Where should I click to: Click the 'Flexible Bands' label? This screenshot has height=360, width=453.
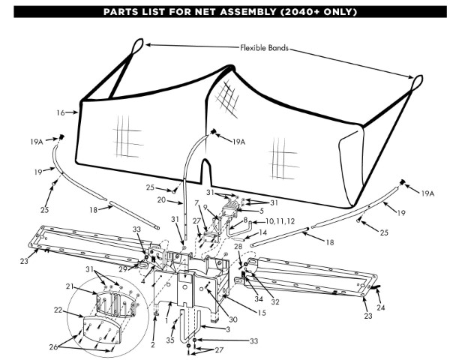pos(264,48)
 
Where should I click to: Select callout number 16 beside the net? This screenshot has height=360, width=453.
pos(61,112)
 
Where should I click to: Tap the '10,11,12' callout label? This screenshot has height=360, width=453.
pos(280,221)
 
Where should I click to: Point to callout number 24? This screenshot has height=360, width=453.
pos(381,307)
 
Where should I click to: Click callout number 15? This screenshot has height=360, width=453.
pos(262,313)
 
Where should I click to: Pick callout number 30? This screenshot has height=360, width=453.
pos(233,319)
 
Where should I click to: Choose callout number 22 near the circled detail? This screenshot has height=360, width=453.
pos(58,310)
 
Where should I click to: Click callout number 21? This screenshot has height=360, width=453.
pos(70,286)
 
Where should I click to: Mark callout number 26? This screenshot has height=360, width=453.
pos(53,347)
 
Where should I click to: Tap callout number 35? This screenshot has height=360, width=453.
pos(170,340)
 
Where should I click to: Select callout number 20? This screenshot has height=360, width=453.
pos(161,199)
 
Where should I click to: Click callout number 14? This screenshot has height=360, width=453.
pos(263,232)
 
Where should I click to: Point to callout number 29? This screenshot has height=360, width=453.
pos(123,269)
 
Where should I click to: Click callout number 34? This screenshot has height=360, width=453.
pos(259,298)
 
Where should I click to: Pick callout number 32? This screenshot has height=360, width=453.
pos(275,301)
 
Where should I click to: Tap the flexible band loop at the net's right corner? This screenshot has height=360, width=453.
pos(416,83)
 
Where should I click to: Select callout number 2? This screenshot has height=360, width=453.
pos(153,344)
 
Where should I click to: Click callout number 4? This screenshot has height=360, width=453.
pos(143,280)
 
